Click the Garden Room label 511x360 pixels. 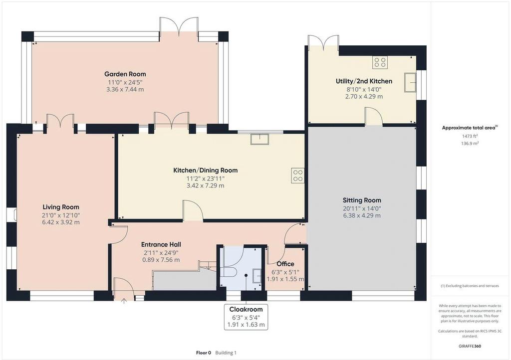tap(125, 74)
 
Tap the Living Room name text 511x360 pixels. tap(61, 207)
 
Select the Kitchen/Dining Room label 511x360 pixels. tap(205, 170)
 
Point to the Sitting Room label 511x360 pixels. tap(362, 200)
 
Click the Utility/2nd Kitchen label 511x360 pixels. tap(364, 81)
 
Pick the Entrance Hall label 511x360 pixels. tap(161, 244)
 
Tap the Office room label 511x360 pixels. tap(285, 264)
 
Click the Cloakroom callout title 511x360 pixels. tap(246, 309)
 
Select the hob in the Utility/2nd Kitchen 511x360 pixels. tap(380, 62)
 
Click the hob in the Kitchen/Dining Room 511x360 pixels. tap(298, 175)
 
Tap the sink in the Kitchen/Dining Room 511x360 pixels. tap(259, 139)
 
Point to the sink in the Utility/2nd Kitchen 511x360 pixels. tap(410, 82)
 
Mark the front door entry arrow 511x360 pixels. tap(124, 301)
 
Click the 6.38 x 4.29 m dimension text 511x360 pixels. tap(362, 215)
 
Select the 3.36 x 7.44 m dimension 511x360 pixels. tap(125, 89)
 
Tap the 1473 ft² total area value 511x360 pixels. tap(470, 137)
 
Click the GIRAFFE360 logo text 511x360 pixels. tap(470, 346)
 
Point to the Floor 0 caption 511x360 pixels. tap(204, 353)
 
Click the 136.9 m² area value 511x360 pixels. tap(470, 143)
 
